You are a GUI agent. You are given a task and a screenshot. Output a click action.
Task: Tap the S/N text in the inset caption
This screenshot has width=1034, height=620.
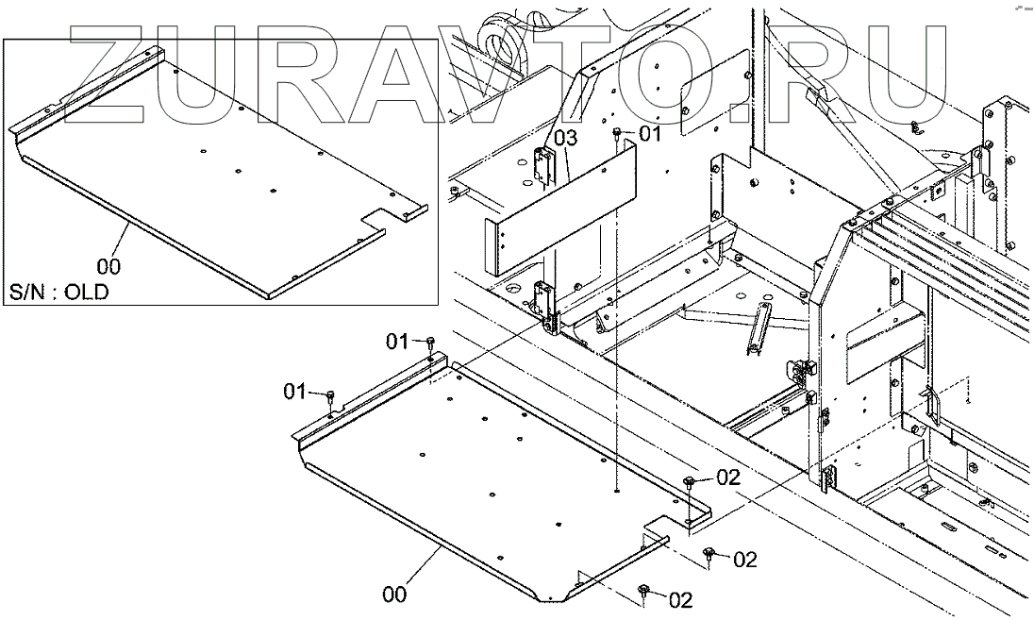(x=29, y=292)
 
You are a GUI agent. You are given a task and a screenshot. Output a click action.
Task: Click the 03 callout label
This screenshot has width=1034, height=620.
(x=564, y=139)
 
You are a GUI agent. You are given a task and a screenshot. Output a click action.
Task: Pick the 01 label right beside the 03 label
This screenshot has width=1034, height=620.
(x=650, y=135)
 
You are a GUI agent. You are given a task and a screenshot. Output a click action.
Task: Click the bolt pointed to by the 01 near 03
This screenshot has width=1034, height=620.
(x=618, y=133)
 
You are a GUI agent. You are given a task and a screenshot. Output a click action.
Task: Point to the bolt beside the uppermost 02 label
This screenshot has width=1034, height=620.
(x=692, y=482)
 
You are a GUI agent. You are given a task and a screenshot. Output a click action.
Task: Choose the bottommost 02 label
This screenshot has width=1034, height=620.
(x=680, y=598)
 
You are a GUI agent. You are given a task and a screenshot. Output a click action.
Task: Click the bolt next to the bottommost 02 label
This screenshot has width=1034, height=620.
(x=644, y=591)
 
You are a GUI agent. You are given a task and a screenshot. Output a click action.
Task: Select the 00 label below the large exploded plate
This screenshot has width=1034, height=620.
(x=397, y=595)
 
